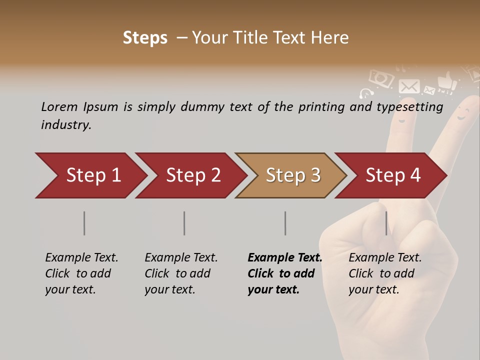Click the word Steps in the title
[x=145, y=38]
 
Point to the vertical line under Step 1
[x=84, y=223]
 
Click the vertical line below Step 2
[x=184, y=223]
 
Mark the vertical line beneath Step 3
[x=285, y=223]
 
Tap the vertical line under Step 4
[x=386, y=223]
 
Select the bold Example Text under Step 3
[x=284, y=273]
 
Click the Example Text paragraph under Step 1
[x=81, y=273]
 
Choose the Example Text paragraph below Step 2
[x=181, y=273]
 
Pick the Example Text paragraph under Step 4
[x=385, y=273]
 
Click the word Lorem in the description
[x=59, y=106]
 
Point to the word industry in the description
[x=65, y=125]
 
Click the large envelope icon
[x=409, y=86]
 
